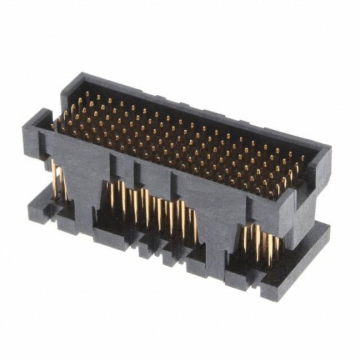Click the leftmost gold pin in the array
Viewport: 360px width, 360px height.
click(x=63, y=115)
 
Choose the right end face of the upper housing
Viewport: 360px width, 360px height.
click(x=311, y=190)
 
